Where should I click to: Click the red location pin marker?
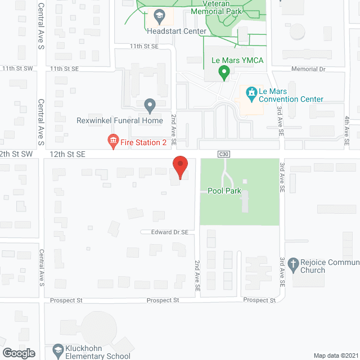point(179,167)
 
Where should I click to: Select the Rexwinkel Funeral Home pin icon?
point(150,105)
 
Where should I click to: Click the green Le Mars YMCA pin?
point(224,72)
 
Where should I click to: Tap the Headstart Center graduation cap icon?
point(160,16)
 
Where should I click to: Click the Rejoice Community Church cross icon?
point(292,263)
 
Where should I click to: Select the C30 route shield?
point(224,154)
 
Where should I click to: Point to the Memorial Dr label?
point(308,69)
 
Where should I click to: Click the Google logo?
point(19,353)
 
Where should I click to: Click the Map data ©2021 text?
point(335,355)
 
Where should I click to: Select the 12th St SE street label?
point(67,154)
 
